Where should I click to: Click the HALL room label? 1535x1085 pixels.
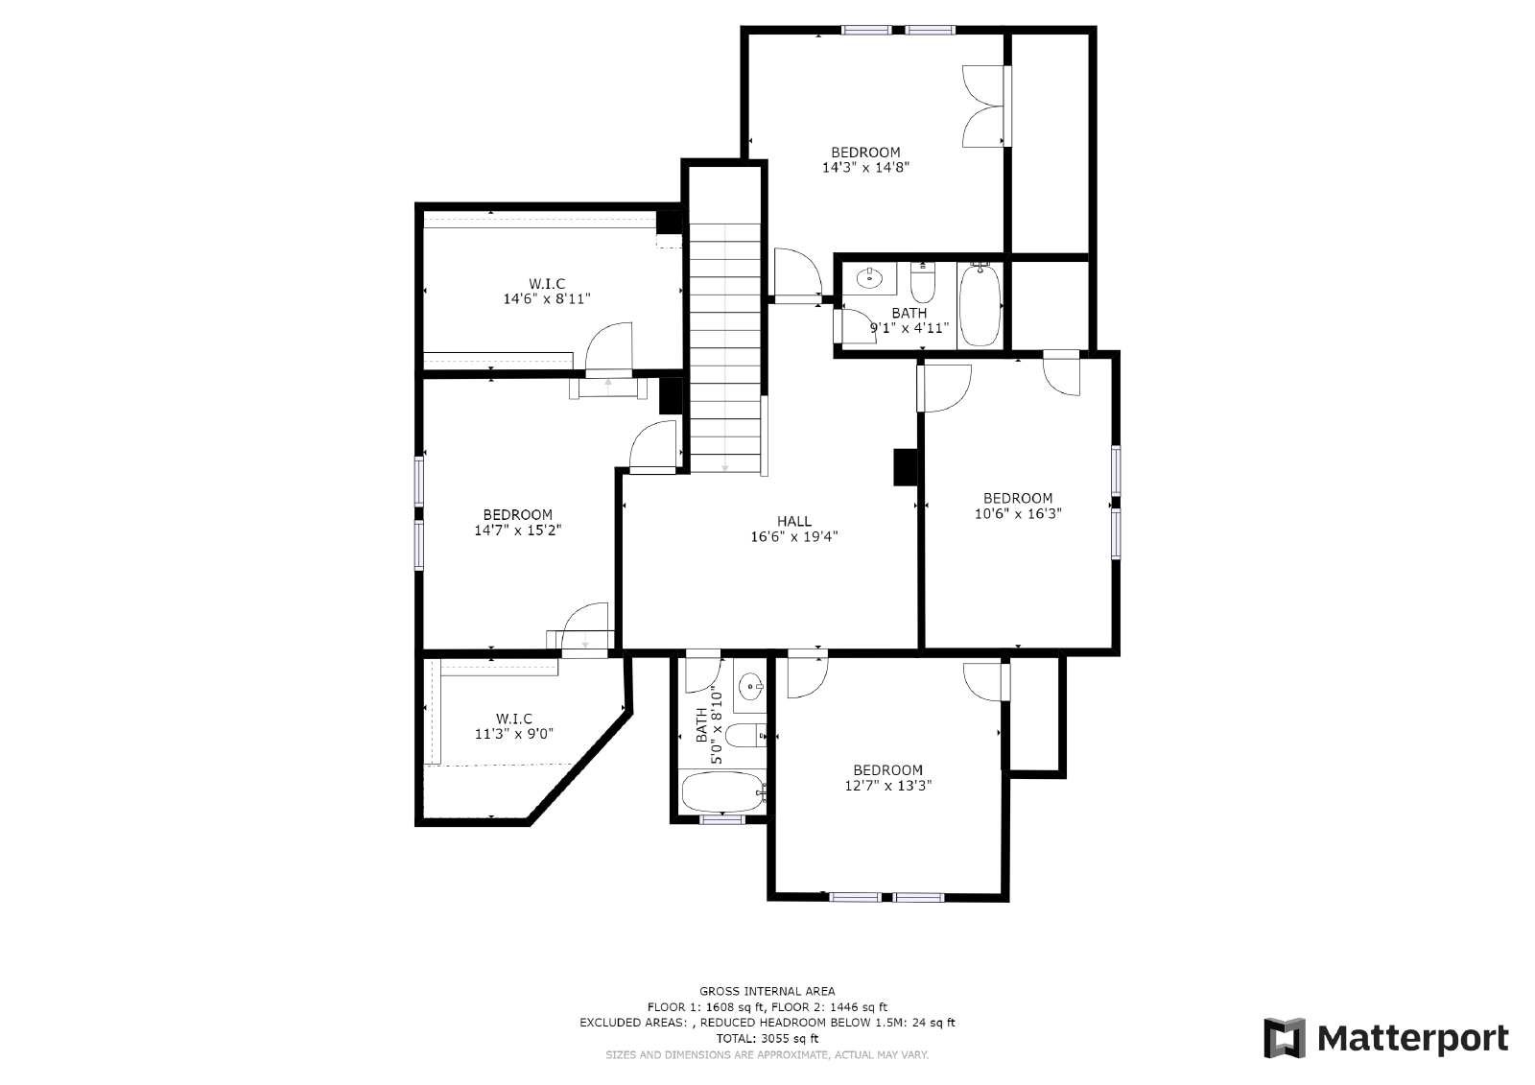tap(793, 521)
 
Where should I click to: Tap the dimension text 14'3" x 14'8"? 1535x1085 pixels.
tap(865, 167)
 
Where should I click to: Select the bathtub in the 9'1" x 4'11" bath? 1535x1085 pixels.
tap(980, 305)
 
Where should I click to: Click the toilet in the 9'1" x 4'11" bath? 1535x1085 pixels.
tap(922, 283)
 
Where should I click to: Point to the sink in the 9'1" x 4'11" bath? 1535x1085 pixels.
tap(869, 278)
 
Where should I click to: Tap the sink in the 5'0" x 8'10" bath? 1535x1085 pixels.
tap(750, 686)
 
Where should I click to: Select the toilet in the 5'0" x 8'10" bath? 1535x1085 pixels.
tap(744, 736)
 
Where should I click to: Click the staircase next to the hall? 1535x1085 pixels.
tap(725, 345)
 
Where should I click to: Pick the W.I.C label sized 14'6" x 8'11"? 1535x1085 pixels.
tap(547, 283)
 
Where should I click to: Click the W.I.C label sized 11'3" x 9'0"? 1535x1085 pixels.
tap(514, 719)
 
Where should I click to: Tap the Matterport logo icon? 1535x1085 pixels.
tap(1285, 1038)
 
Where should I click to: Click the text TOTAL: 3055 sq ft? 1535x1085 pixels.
tap(767, 1038)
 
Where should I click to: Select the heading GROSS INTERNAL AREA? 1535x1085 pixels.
tap(767, 991)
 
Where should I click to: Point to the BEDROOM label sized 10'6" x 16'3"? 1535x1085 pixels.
tap(1018, 498)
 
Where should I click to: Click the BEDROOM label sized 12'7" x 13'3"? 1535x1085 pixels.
tap(888, 769)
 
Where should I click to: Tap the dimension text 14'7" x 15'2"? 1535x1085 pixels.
tap(517, 530)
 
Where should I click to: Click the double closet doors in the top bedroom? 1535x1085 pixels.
tap(986, 106)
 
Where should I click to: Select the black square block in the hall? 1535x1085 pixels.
tap(904, 467)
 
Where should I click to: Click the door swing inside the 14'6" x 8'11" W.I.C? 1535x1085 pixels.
tap(608, 347)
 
